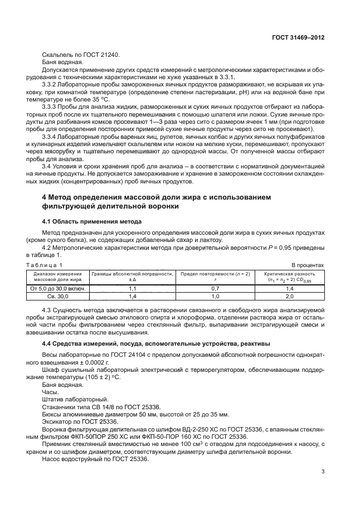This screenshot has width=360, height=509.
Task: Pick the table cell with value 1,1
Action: [x=133, y=289]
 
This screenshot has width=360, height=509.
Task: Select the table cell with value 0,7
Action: [x=216, y=289]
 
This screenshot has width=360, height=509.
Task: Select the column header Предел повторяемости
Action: [x=215, y=274]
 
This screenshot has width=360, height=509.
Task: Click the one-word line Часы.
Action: [x=51, y=392]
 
